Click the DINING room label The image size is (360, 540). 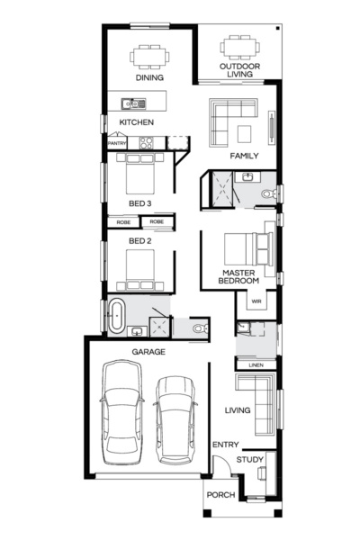(x=148, y=78)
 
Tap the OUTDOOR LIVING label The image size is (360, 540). (x=240, y=71)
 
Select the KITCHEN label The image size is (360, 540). (x=136, y=122)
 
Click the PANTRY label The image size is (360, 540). (x=117, y=143)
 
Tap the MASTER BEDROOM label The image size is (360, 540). (x=240, y=275)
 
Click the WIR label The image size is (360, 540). (x=256, y=301)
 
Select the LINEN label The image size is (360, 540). (x=256, y=364)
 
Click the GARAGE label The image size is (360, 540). (x=148, y=352)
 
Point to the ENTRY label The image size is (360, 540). (x=225, y=445)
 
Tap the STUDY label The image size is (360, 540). (x=250, y=460)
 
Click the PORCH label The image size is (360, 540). (x=220, y=495)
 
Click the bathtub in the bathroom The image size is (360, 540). (x=116, y=316)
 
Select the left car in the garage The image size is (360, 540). (x=122, y=409)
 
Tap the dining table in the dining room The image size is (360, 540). (x=148, y=56)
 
